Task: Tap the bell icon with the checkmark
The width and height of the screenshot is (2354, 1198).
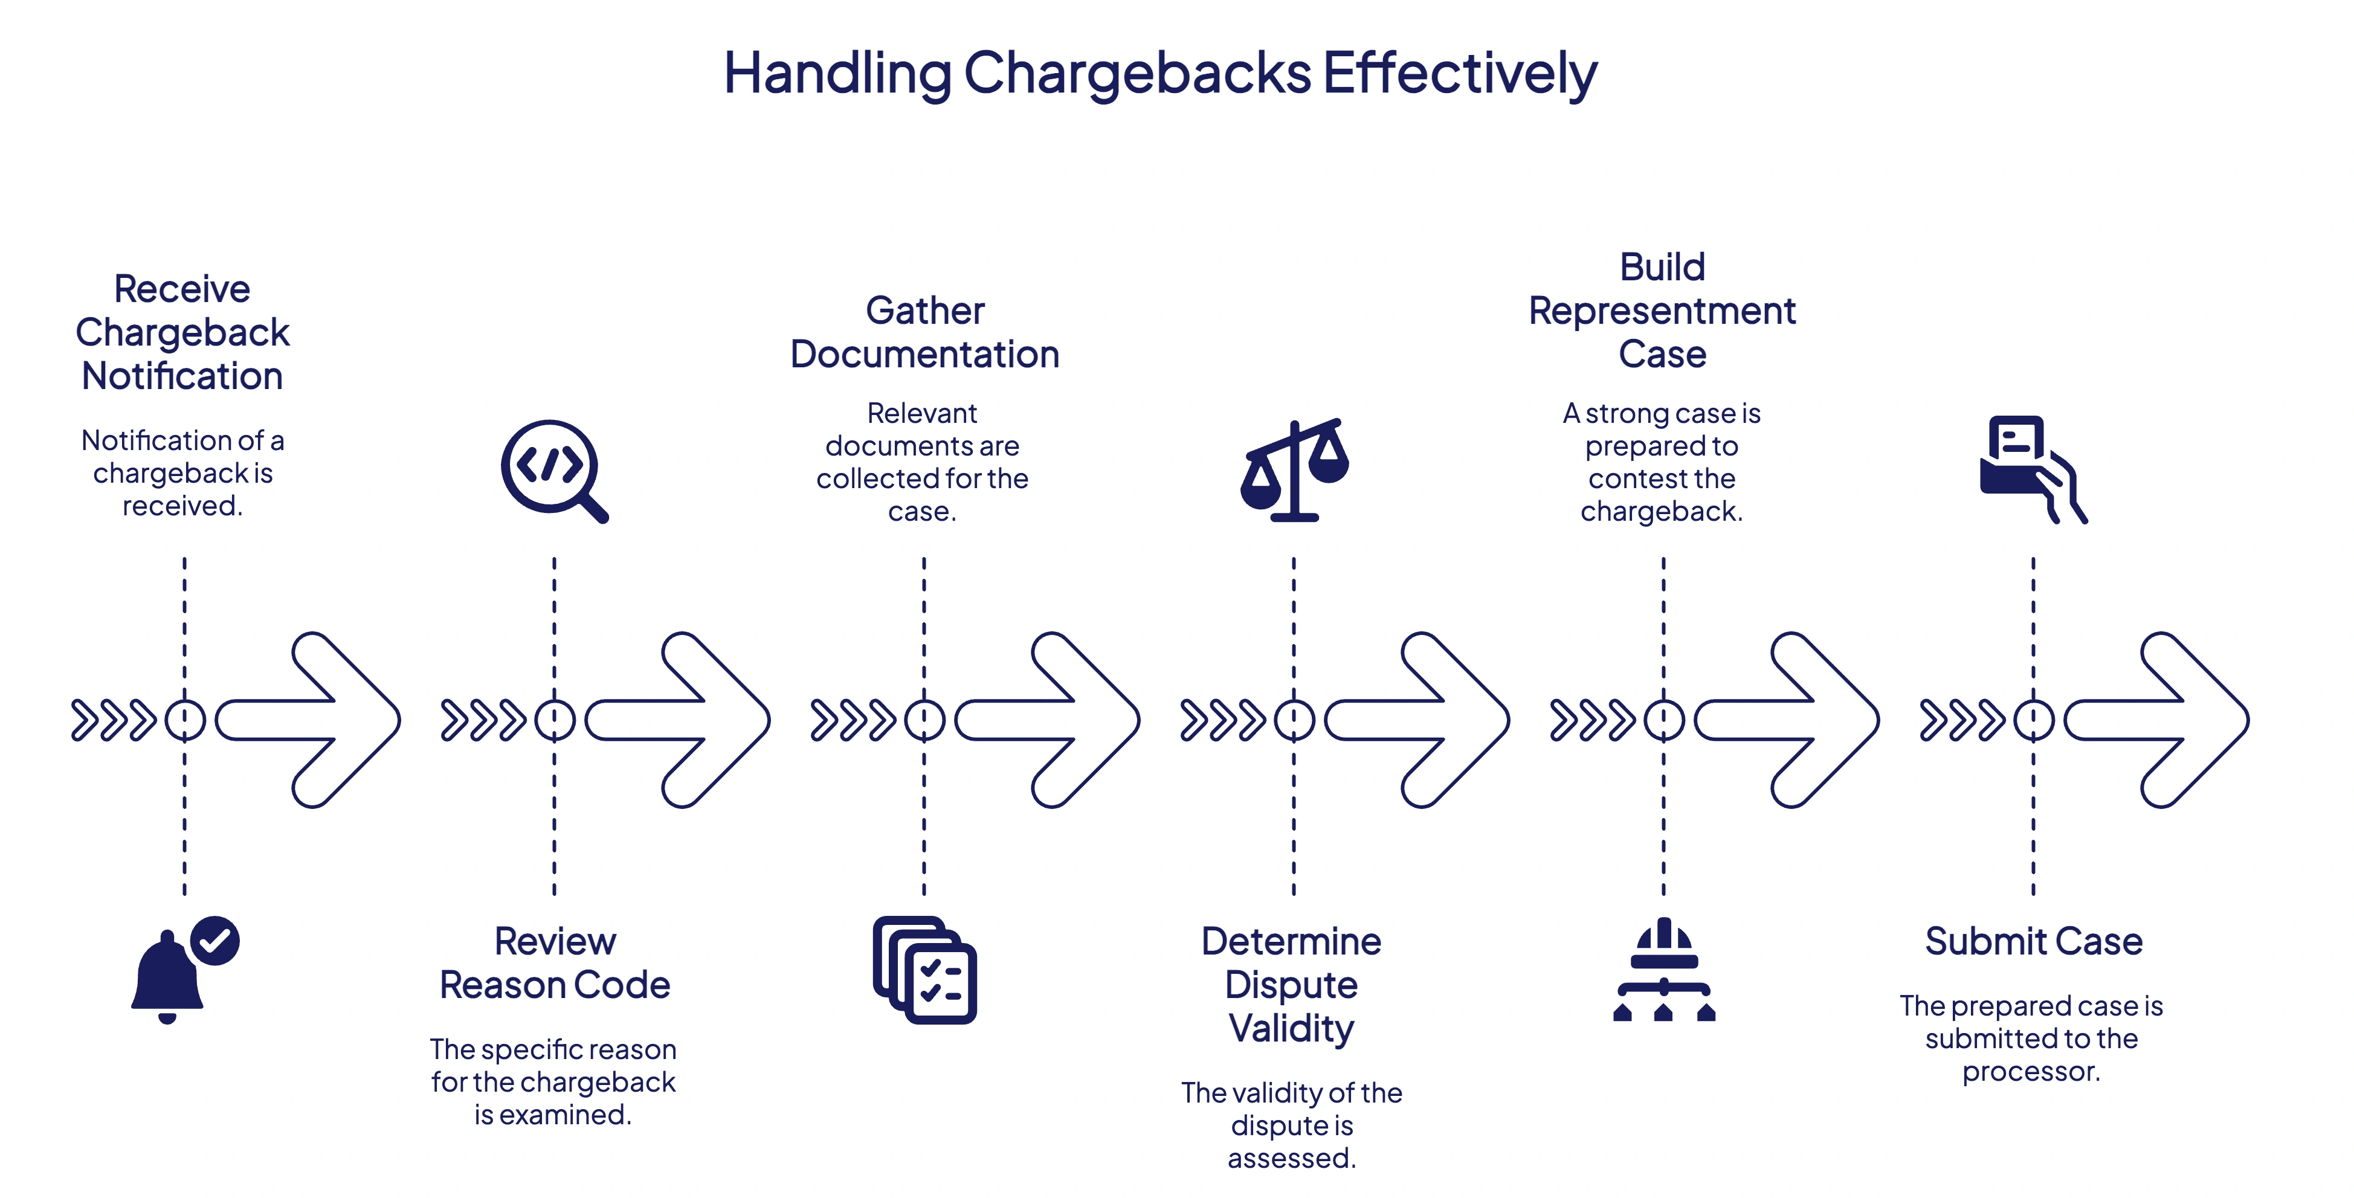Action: click(182, 970)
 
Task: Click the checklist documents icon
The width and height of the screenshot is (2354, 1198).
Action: click(924, 970)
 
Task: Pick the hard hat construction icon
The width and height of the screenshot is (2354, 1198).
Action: click(1663, 970)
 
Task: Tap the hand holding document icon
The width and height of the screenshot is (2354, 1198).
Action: click(2033, 469)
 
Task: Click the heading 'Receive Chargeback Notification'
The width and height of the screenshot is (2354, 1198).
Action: click(182, 333)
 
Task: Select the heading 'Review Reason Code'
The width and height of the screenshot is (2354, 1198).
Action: click(555, 963)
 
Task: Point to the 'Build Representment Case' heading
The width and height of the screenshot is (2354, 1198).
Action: click(1662, 311)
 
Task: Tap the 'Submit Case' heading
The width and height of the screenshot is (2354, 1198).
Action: click(2033, 941)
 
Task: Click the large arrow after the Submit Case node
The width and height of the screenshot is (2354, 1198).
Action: click(2165, 720)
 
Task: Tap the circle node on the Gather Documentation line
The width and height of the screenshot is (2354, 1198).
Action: click(924, 720)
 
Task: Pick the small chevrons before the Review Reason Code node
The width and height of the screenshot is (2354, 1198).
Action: click(483, 720)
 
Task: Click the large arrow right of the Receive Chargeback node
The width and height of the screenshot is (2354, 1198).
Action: click(315, 720)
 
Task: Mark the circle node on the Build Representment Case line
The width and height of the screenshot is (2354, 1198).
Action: click(1663, 720)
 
